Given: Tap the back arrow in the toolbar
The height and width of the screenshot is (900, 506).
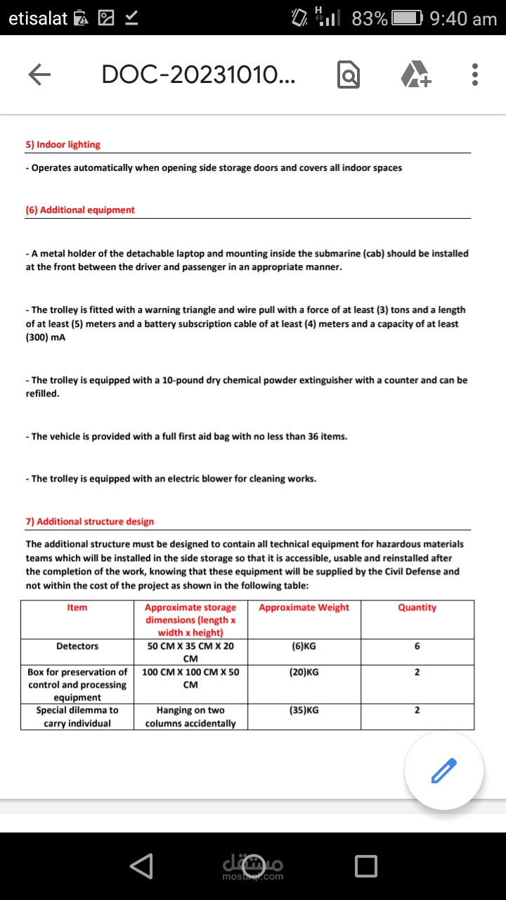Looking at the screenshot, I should point(40,75).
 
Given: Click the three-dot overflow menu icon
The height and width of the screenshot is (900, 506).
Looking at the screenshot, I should point(475,75).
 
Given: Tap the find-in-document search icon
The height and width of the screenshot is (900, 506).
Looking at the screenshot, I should point(349,75).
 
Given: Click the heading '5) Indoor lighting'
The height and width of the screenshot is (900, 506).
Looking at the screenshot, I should point(63,145).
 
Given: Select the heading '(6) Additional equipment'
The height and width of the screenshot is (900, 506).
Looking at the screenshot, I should point(80,210).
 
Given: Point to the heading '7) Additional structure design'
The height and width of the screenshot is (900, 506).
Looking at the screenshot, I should point(90,522).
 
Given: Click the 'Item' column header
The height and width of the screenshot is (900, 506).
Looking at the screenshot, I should point(77,607).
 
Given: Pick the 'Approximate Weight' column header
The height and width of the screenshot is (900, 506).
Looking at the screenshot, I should point(304,607).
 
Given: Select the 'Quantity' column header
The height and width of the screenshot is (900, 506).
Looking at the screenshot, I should point(417,607).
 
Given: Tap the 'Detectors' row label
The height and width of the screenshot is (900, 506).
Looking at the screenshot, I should point(77,646).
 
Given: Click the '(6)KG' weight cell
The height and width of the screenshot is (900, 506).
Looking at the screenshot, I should point(304,646).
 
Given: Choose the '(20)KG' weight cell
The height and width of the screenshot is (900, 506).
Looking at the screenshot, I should point(304,672).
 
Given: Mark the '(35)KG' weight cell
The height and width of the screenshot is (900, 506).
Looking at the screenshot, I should point(304,710).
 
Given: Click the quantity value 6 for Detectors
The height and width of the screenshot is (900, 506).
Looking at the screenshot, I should point(417,646).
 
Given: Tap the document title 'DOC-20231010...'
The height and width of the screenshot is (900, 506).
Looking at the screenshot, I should point(198,75).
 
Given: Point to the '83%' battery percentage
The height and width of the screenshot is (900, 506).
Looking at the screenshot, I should point(370,19).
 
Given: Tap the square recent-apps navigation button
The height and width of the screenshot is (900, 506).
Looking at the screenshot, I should point(365,866).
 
